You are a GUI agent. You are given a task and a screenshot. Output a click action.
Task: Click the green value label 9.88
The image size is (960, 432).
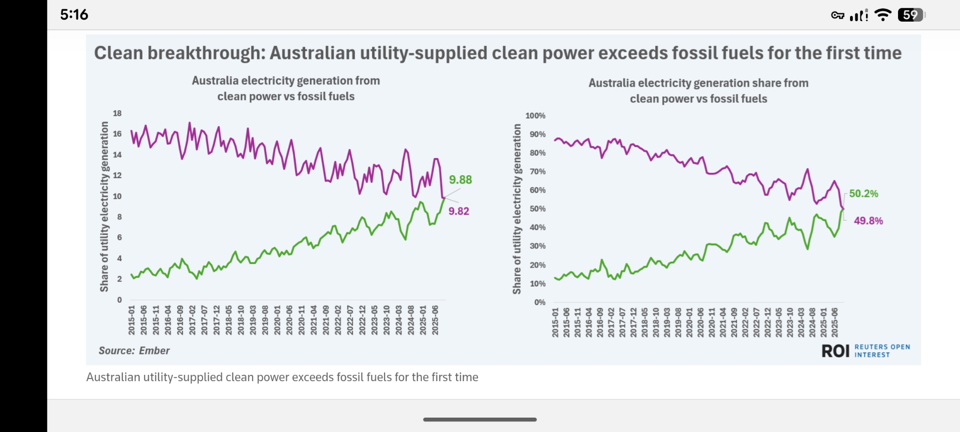460,180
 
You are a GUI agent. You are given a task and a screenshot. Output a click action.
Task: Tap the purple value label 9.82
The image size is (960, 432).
459,211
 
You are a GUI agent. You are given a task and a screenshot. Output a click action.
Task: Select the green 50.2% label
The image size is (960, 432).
864,194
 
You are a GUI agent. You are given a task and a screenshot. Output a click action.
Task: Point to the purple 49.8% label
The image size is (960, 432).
868,221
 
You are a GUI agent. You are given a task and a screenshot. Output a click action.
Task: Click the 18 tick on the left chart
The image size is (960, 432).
117,113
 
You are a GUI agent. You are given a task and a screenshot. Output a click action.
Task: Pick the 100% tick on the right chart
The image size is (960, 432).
535,116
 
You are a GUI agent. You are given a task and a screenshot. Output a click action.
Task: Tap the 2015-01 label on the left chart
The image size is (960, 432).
132,320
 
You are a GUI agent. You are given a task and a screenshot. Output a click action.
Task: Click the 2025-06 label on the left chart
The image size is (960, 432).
435,320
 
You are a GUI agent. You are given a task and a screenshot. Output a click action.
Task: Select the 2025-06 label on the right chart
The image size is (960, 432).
835,322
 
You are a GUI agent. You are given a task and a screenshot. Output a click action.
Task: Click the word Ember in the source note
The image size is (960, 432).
155,351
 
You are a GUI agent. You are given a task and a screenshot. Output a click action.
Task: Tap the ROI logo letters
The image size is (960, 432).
835,351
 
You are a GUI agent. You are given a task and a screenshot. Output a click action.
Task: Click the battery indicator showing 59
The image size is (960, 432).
911,15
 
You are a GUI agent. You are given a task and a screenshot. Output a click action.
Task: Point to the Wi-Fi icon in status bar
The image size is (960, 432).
882,15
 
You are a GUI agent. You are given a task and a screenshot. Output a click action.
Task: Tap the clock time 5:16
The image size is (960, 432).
74,14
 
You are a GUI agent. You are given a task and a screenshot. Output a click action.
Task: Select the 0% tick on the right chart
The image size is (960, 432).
540,302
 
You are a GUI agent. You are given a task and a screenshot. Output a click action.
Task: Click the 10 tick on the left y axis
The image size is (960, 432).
117,196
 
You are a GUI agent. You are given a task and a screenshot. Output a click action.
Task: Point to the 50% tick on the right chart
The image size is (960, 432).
538,209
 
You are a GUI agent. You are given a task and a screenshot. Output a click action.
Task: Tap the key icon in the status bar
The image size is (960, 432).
838,15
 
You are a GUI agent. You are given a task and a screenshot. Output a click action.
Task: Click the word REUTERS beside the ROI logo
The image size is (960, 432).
871,347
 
